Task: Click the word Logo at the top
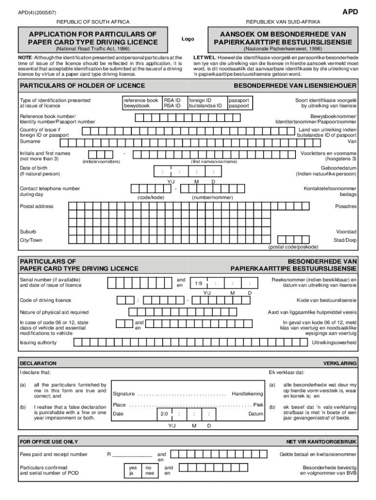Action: click(188, 39)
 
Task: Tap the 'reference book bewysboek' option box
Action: click(141, 103)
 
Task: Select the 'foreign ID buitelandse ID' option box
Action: click(206, 103)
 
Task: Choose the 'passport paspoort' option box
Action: click(239, 103)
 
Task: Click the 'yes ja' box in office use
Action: click(132, 470)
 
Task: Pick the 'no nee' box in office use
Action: click(149, 470)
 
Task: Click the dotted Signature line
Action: click(182, 394)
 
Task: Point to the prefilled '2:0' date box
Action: click(164, 414)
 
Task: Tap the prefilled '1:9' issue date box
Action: click(198, 283)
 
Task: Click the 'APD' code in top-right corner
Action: click(350, 12)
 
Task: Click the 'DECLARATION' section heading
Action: click(38, 363)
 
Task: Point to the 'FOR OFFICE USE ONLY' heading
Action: click(49, 441)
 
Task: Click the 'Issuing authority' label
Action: click(38, 342)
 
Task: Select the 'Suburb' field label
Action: click(28, 231)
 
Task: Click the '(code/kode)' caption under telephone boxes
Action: click(151, 197)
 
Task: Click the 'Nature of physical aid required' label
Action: click(54, 312)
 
